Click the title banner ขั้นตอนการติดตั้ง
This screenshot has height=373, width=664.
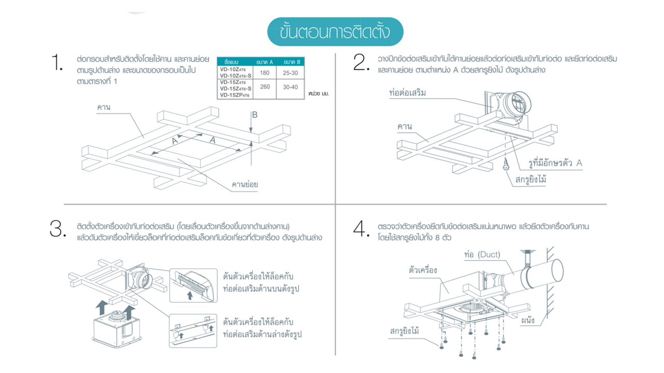[x=335, y=32]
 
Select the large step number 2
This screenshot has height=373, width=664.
[x=359, y=63]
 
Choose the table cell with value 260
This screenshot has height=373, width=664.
[x=265, y=87]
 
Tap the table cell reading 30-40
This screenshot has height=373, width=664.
[x=290, y=87]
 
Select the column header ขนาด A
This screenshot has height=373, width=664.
[x=265, y=62]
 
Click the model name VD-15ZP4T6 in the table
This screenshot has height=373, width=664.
[x=234, y=95]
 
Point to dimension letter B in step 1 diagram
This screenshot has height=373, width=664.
[x=254, y=114]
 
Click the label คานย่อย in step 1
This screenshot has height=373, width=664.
[x=245, y=184]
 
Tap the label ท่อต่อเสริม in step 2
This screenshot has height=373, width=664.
[x=407, y=94]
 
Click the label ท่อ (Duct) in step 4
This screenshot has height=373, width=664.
[x=481, y=254]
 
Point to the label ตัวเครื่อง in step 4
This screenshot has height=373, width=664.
[x=423, y=270]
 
